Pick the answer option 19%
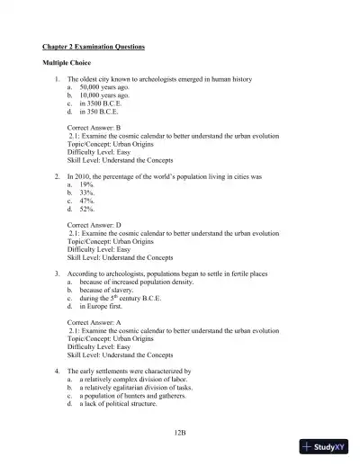tap(86, 184)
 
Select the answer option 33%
tap(86, 192)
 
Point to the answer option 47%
tap(86, 200)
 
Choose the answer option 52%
tap(86, 208)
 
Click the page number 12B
tap(180, 433)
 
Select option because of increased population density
tap(134, 281)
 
